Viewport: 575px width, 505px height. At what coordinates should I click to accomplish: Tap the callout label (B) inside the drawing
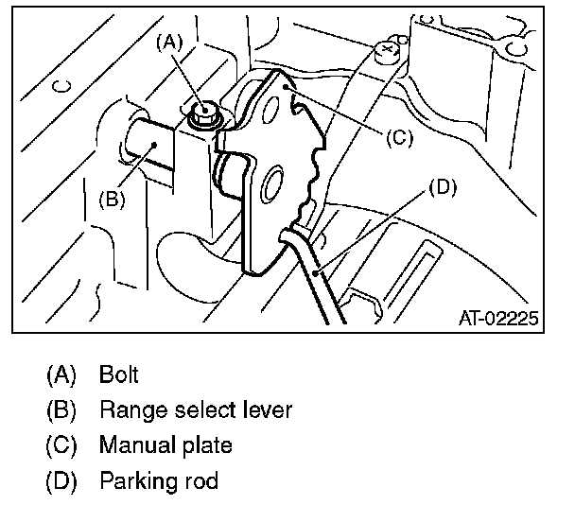click(x=112, y=199)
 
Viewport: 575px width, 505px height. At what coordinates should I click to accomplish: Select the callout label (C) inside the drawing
click(x=398, y=136)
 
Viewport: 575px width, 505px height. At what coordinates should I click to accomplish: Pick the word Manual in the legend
click(x=132, y=445)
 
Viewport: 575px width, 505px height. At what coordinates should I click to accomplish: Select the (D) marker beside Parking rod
click(x=61, y=481)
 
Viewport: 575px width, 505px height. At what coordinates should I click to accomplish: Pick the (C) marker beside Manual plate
click(x=61, y=445)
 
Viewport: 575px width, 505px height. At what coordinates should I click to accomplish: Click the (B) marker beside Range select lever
click(x=61, y=409)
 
